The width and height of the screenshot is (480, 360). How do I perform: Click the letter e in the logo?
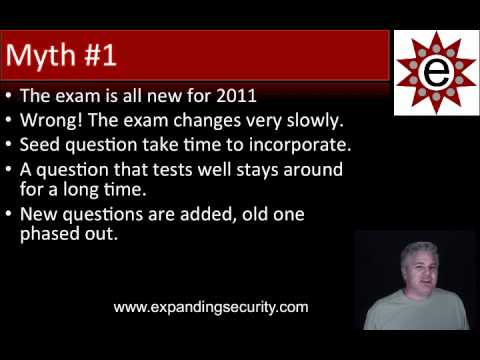click(435, 72)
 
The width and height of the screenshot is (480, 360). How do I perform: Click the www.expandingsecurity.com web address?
click(211, 307)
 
